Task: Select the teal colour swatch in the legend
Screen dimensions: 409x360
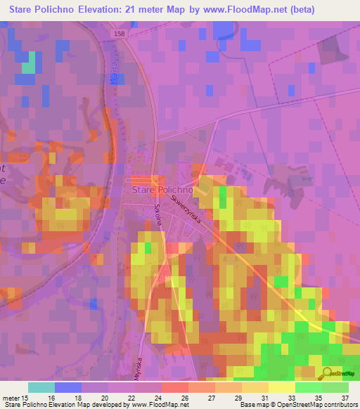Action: tap(41, 387)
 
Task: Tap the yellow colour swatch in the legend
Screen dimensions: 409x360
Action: tap(281, 387)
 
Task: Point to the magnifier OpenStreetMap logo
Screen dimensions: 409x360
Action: tap(327, 372)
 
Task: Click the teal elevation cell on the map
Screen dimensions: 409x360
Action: tap(28, 67)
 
